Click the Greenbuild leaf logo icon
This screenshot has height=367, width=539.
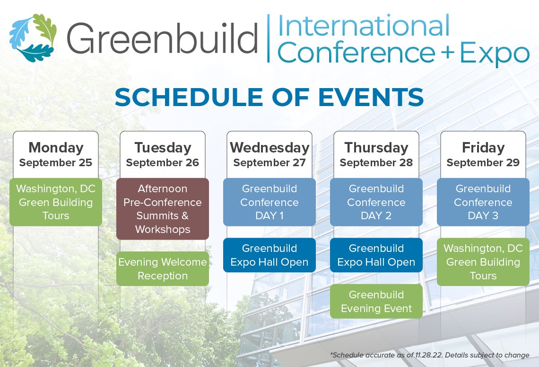(x=33, y=38)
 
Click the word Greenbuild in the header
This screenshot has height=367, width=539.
(x=162, y=38)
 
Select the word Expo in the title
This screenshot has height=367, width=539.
(x=495, y=54)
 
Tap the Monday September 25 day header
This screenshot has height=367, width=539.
(x=56, y=154)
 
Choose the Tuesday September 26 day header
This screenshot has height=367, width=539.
(x=163, y=154)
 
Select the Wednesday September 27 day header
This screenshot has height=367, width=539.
(x=269, y=154)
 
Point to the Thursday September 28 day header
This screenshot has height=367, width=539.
(x=376, y=154)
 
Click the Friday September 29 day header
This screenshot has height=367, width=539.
(x=483, y=154)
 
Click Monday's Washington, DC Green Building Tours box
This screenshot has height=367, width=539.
(x=56, y=202)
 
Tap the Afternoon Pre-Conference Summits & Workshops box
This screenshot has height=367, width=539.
(x=163, y=209)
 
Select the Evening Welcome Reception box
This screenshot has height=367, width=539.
(x=163, y=269)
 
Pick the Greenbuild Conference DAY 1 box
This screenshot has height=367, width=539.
(x=269, y=202)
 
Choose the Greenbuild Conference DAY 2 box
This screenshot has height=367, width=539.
(x=376, y=202)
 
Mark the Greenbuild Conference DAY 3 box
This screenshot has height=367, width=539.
(x=483, y=202)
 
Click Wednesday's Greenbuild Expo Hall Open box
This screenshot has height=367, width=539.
(x=269, y=255)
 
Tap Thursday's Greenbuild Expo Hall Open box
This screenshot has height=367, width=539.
(x=376, y=255)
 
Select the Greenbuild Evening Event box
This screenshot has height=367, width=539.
(x=376, y=302)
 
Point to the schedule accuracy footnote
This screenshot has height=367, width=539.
(x=430, y=355)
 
